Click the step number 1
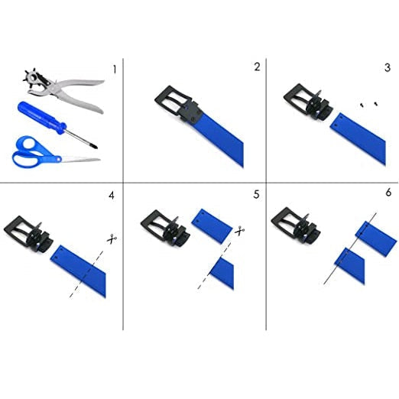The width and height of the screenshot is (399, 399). pos(115,70)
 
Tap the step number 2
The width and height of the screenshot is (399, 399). pos(257,66)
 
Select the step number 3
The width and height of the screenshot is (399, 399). pos(388,67)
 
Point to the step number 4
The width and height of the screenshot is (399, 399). pos(112,196)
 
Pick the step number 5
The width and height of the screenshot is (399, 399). pos(256,194)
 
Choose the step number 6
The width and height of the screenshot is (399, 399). pos(388,193)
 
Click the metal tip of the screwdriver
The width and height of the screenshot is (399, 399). pos(94,146)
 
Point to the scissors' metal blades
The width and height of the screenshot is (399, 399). pos(81,160)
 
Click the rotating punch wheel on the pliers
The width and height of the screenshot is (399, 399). pos(33,76)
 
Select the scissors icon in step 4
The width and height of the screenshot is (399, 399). pos(112,238)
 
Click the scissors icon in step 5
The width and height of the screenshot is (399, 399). pos(239,231)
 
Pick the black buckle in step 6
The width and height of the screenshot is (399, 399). pos(296,225)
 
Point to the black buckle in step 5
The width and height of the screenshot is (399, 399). pos(165,227)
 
